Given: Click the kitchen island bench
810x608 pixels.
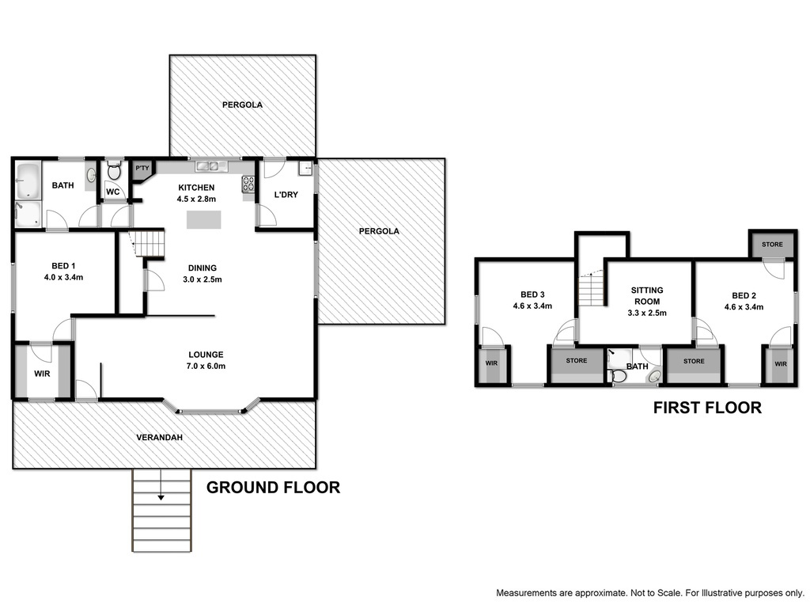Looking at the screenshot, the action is click(204, 220).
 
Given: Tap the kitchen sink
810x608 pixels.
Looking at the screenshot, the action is click(211, 166).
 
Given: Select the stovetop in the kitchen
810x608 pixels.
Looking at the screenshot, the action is click(248, 184).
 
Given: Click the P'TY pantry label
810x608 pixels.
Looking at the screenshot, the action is click(142, 168).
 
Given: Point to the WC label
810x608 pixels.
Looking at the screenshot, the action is click(112, 192).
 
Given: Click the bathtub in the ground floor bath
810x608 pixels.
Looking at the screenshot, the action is click(28, 181).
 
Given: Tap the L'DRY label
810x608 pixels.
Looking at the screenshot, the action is click(286, 195).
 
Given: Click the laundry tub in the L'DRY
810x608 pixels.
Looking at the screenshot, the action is click(305, 169).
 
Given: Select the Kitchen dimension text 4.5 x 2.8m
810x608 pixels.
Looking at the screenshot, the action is click(196, 199).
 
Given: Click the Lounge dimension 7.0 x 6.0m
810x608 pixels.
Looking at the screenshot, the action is click(206, 366).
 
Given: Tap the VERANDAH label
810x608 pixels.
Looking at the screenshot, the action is click(160, 437).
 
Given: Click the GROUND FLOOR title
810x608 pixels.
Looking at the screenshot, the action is click(273, 487).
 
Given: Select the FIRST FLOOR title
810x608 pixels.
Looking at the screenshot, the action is click(707, 408).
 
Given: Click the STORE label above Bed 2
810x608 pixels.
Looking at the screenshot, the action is click(772, 244).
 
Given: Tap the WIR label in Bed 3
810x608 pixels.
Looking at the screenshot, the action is click(491, 363).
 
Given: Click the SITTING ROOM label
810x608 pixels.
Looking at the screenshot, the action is click(647, 296).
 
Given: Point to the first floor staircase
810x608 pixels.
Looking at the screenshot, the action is click(591, 290).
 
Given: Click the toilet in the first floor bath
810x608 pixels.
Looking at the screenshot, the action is click(617, 375).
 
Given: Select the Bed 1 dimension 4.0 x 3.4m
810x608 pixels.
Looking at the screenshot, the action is click(63, 277).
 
